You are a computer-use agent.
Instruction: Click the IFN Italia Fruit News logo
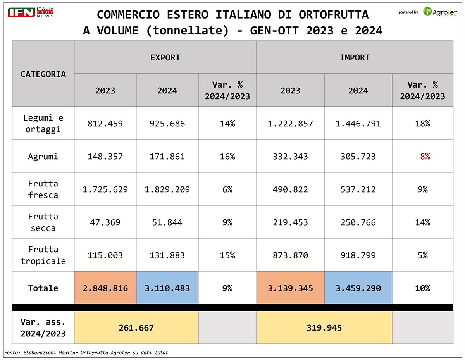pos(31,12)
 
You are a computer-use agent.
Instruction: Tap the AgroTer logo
pos(439,12)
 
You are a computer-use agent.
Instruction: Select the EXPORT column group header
pos(165,58)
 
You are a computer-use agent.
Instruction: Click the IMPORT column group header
pos(355,58)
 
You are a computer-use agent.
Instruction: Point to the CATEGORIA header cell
pos(43,74)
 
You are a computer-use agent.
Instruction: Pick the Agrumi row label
pos(43,157)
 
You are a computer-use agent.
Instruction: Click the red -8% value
pos(422,157)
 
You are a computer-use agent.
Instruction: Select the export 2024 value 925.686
pos(167,124)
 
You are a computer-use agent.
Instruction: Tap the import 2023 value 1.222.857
pos(290,124)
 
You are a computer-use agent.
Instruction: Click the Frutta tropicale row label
pos(43,255)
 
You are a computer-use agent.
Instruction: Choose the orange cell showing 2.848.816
pos(105,288)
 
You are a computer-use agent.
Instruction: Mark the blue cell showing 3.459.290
pos(358,288)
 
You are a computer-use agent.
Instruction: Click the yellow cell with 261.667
pos(136,328)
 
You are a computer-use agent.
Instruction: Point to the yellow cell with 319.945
pos(324,328)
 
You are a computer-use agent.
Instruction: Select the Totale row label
pos(43,288)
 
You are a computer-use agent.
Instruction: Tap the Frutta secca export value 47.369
pos(105,222)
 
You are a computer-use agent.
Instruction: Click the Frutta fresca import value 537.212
pos(358,189)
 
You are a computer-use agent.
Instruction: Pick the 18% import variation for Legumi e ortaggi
pos(422,124)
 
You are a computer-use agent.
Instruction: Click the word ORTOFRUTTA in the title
pos(334,14)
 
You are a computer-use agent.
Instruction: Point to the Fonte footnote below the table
pos(86,353)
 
